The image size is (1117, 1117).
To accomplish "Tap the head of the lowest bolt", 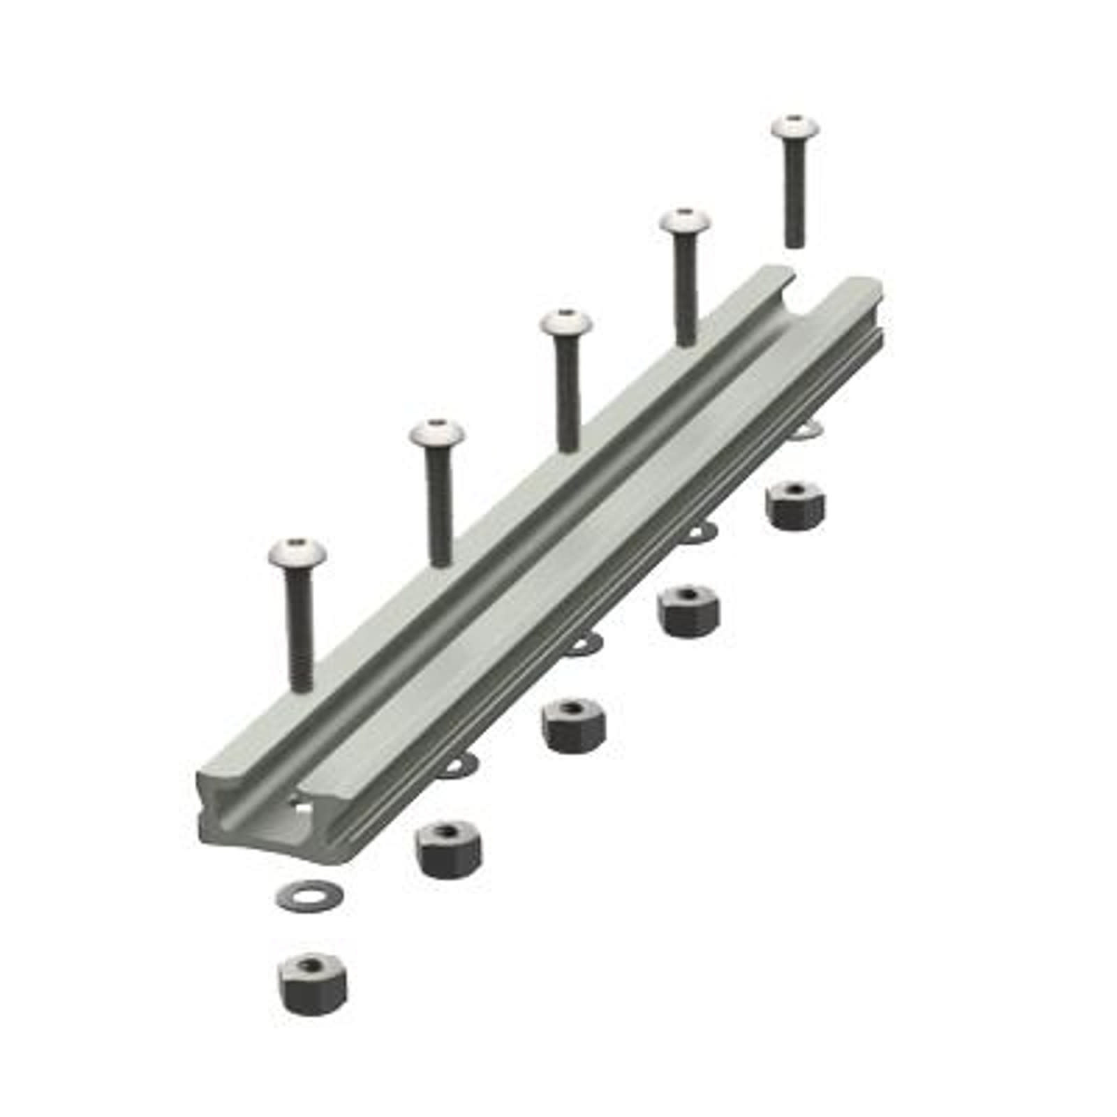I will [297, 554].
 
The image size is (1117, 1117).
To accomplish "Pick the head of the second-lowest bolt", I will [437, 436].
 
